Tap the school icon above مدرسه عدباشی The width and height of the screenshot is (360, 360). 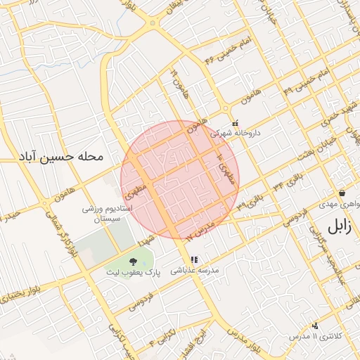(x=194, y=260)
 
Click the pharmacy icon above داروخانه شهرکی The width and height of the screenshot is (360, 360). (x=235, y=122)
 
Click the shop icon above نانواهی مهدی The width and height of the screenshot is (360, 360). (x=342, y=193)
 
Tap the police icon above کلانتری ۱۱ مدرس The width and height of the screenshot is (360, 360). (x=316, y=325)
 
